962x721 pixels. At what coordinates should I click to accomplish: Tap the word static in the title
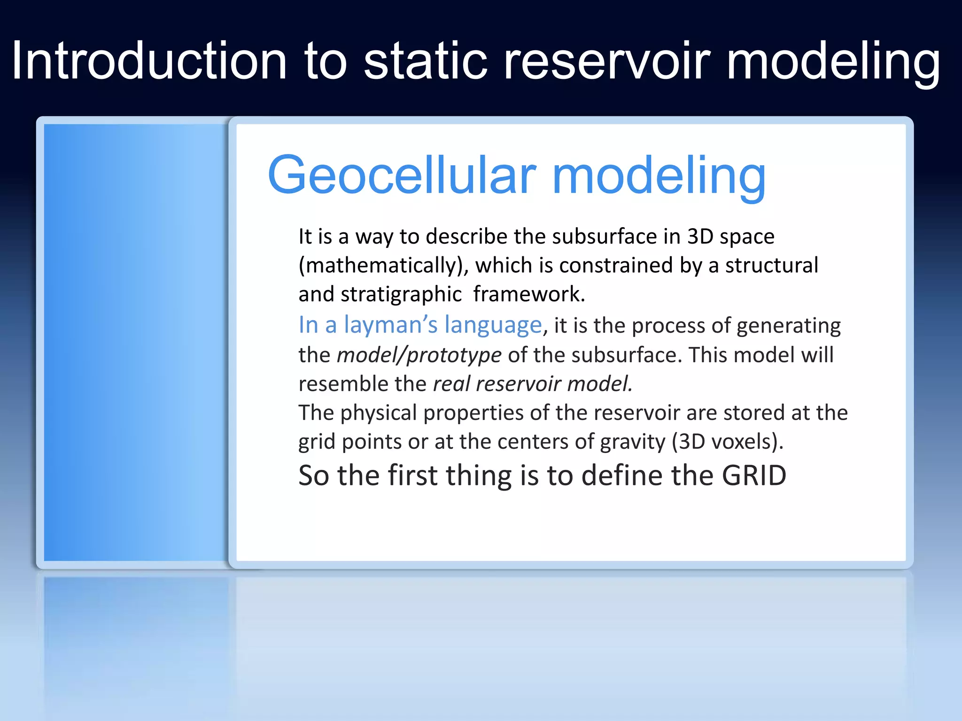pyautogui.click(x=426, y=61)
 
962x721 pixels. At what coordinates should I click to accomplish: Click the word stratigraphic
pyautogui.click(x=401, y=295)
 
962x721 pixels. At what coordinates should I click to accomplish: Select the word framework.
pyautogui.click(x=528, y=294)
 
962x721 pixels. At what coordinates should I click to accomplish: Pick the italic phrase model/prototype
pyautogui.click(x=419, y=355)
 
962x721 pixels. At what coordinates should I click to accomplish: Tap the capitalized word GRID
pyautogui.click(x=753, y=476)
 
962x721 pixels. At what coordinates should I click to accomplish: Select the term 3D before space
pyautogui.click(x=700, y=237)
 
